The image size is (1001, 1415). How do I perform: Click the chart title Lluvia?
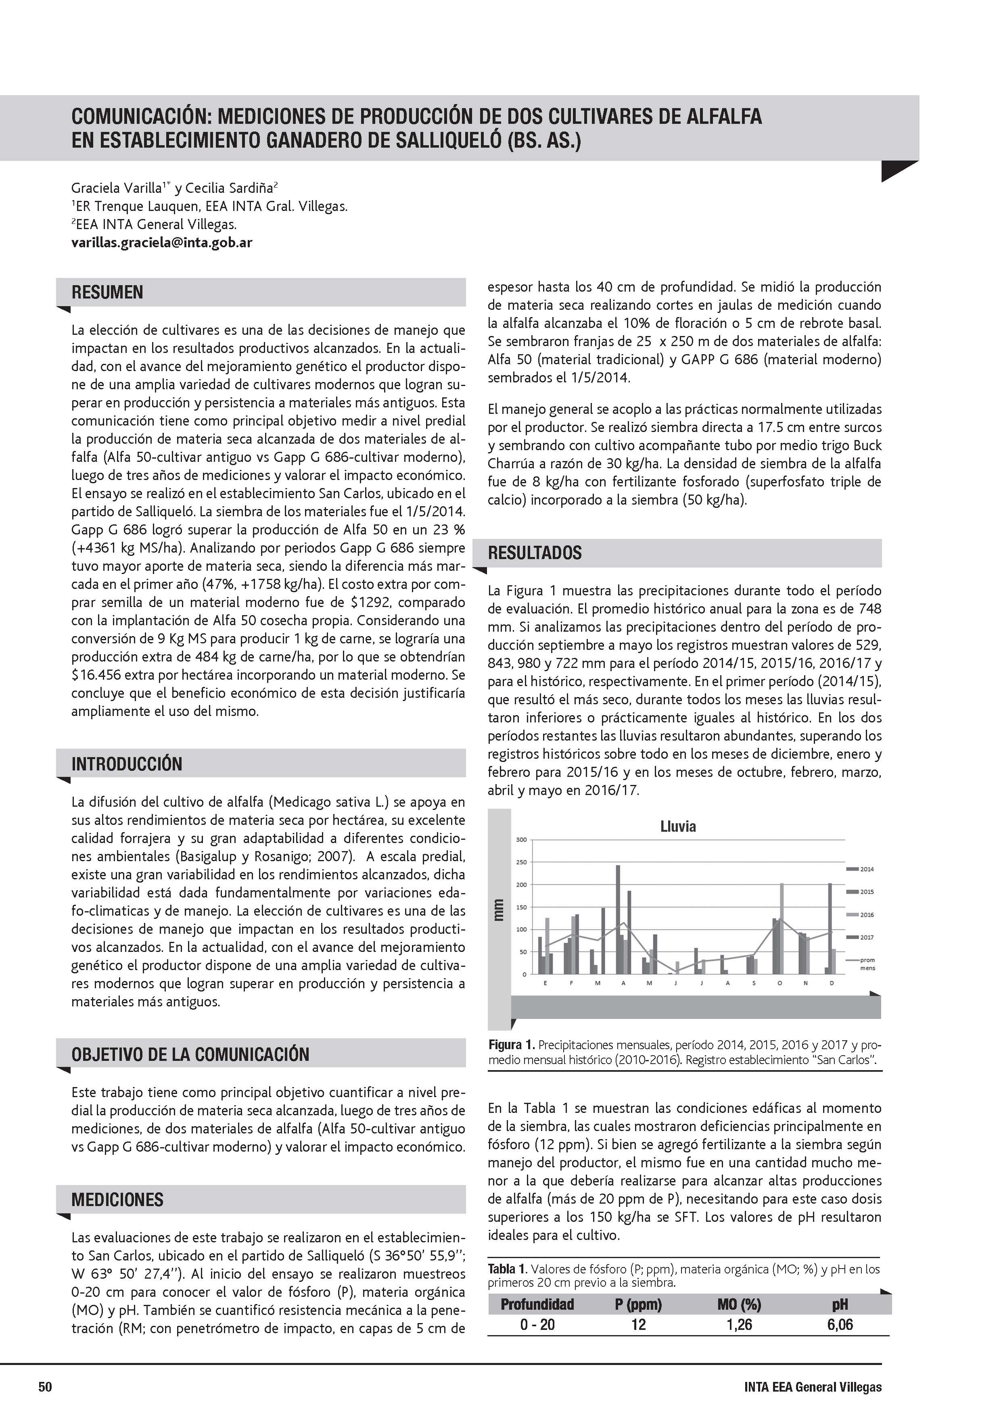point(678,826)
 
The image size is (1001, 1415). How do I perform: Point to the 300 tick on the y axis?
point(521,840)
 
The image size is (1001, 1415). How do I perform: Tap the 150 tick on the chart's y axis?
point(521,907)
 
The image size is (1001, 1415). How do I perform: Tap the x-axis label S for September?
point(753,983)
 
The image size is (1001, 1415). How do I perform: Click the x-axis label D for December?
point(832,983)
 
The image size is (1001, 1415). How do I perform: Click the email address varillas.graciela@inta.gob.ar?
point(161,242)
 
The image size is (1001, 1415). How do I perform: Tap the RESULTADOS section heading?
point(535,553)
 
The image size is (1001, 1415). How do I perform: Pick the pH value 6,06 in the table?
point(840,1324)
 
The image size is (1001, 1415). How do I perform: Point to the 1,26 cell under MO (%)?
point(739,1324)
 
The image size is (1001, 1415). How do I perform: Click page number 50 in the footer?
point(46,1387)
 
